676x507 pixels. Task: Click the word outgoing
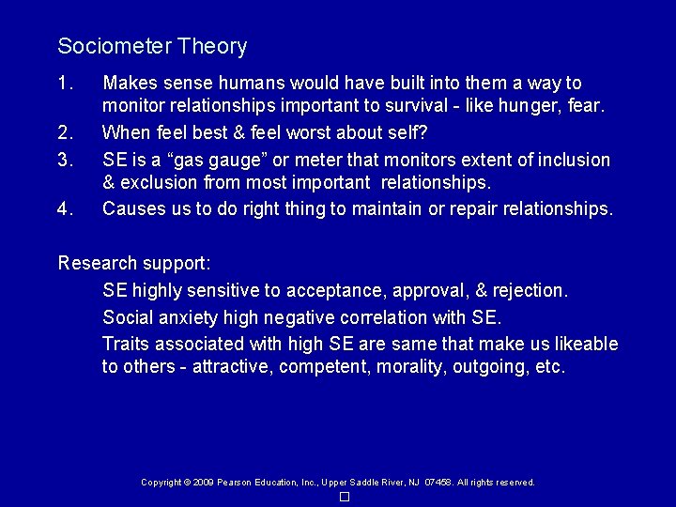pos(491,366)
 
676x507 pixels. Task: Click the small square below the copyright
pos(345,497)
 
